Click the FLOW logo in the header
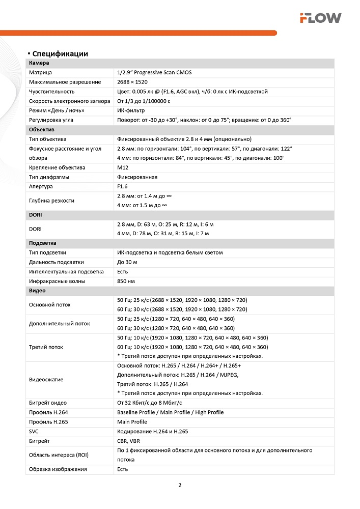320,18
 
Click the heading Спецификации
60,53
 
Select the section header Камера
39,63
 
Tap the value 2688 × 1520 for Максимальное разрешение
132,82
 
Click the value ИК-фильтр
131,110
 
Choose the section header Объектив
41,130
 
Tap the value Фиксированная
137,177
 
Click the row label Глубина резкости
51,201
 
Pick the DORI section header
36,215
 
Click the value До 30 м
127,262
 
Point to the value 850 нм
126,281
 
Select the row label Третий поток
46,347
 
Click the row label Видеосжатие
46,380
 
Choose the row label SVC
34,431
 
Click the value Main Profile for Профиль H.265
132,422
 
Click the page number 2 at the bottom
180,485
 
